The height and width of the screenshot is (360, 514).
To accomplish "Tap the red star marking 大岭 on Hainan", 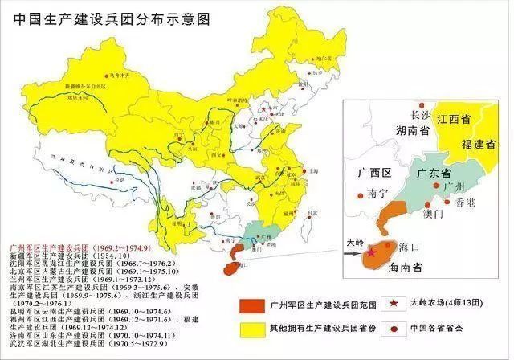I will click(x=372, y=252).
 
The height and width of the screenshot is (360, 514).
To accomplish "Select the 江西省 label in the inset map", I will click(x=465, y=119).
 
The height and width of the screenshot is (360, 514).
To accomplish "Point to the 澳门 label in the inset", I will click(x=434, y=215).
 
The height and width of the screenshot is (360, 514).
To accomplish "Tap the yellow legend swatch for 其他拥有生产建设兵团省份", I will click(x=257, y=329).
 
